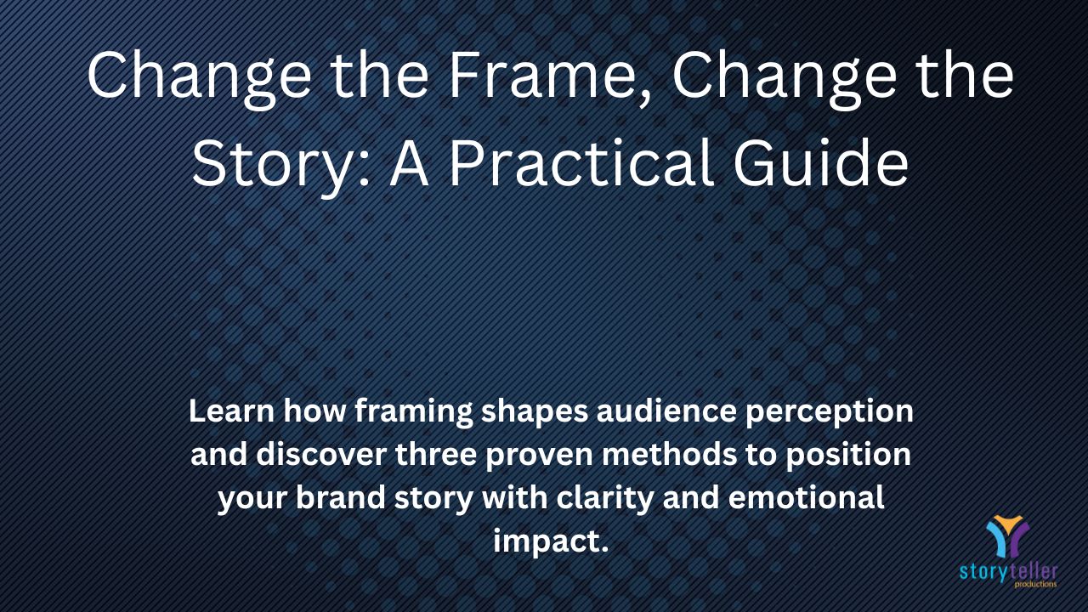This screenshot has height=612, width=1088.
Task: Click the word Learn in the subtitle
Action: tap(232, 411)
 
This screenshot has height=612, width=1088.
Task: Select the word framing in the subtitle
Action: tap(414, 413)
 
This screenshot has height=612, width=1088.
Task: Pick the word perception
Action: tap(830, 413)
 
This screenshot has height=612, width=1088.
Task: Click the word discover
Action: tap(321, 454)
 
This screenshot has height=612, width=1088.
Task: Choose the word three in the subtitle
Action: tap(436, 454)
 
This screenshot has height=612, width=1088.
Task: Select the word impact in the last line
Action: tap(547, 542)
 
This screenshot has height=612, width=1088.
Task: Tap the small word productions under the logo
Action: tap(1035, 584)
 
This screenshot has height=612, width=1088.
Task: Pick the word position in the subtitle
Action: tap(848, 456)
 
